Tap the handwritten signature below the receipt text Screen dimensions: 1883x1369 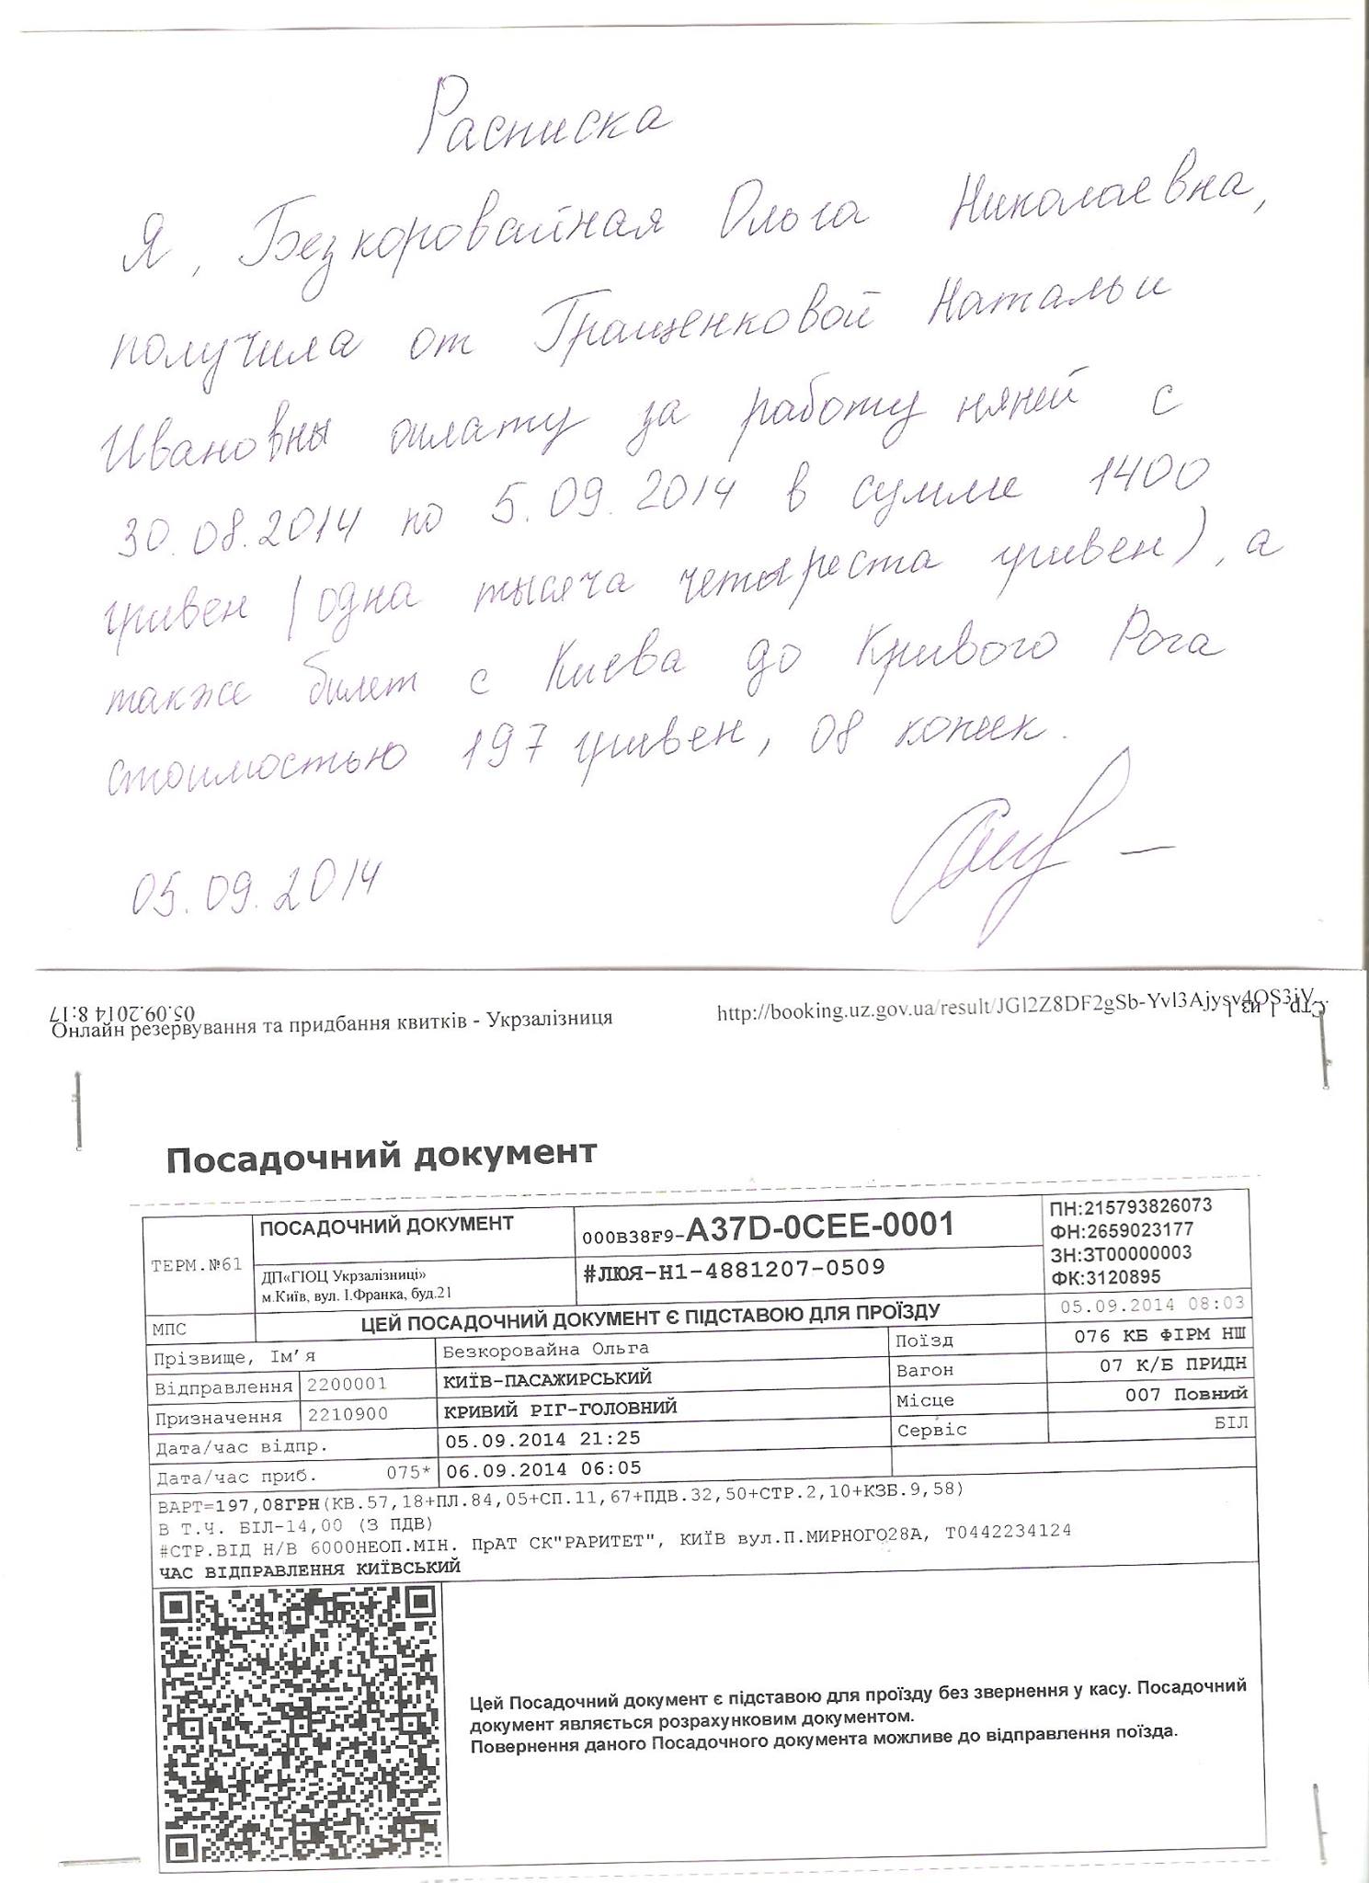(993, 846)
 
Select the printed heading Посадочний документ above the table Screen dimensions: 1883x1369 (382, 1154)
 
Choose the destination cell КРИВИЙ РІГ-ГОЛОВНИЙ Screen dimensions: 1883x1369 (560, 1408)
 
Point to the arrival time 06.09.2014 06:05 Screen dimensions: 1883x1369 (542, 1468)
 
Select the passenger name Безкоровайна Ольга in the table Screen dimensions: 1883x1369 (545, 1349)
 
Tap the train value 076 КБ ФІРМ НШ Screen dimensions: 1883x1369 (1160, 1335)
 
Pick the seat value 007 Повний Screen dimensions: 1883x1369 (1186, 1395)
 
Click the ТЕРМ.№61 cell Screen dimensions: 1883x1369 (196, 1264)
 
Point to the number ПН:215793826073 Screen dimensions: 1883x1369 (1131, 1205)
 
